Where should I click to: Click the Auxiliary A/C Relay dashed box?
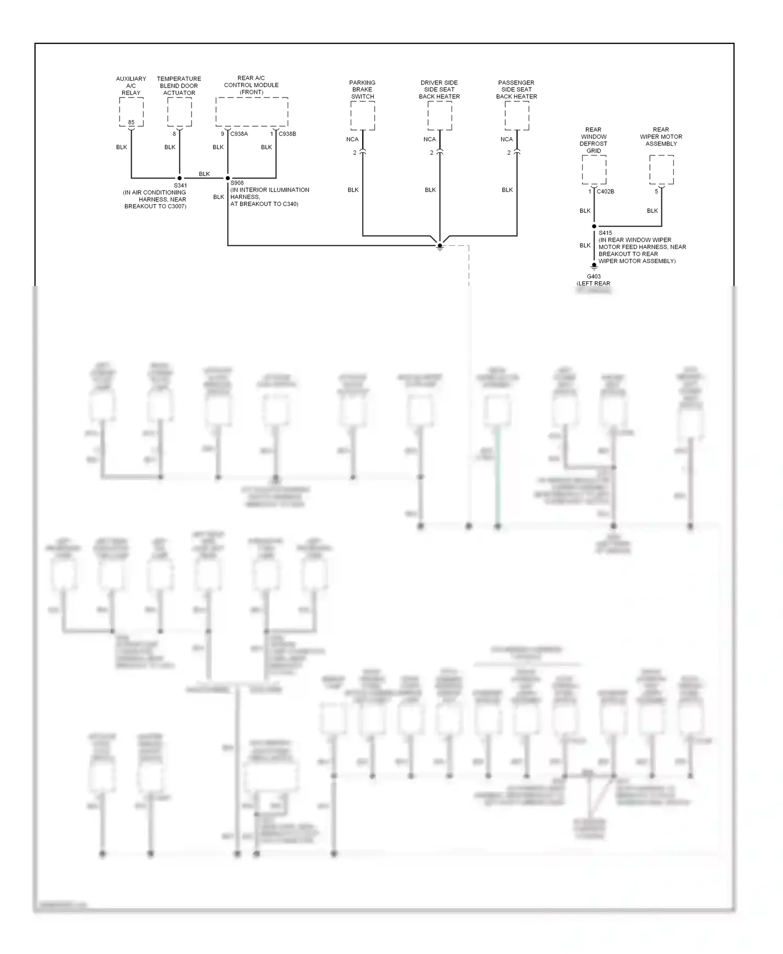pos(131,112)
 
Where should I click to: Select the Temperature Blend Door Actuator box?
pos(179,112)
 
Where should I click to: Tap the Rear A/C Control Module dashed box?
pos(252,112)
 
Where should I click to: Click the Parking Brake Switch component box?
pos(362,115)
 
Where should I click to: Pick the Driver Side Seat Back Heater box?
pos(440,115)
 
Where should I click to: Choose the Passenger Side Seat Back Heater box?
pos(517,115)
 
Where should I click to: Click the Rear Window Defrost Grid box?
pos(594,170)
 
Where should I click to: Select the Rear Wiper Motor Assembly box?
pos(661,170)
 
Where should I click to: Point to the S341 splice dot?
pos(180,178)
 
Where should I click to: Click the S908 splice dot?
pos(228,178)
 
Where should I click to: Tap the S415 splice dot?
pos(594,226)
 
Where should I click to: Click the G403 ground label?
pos(594,277)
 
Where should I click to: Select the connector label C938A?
pos(239,134)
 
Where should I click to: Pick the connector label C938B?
pos(287,134)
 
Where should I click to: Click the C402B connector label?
pos(606,192)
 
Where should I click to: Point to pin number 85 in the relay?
pos(131,123)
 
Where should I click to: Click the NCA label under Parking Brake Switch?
pos(352,139)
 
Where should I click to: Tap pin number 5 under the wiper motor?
pos(657,192)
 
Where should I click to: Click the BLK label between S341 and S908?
pos(204,174)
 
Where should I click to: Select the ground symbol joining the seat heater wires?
pos(440,246)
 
